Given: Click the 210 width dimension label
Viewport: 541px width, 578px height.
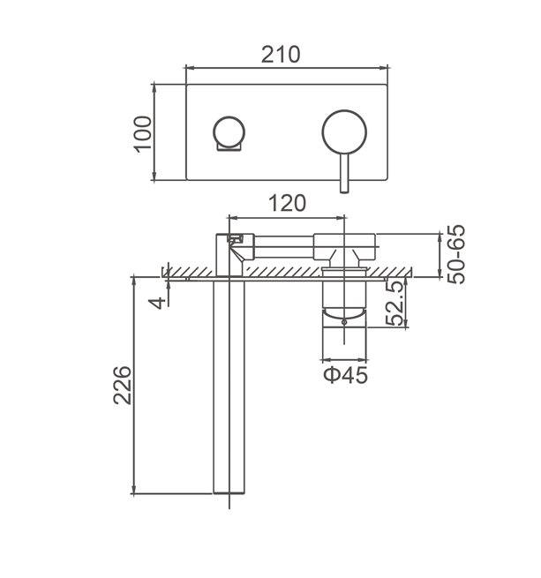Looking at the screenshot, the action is [281, 55].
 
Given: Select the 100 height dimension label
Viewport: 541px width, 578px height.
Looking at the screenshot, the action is [143, 134].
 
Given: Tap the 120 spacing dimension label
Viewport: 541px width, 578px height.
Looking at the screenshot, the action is [287, 204].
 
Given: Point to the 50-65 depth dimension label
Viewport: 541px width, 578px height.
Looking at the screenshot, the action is [455, 254].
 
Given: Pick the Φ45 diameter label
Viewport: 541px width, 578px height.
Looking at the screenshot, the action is [346, 375].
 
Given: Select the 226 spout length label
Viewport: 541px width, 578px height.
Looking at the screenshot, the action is [122, 386].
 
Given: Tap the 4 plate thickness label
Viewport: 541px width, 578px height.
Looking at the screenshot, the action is [157, 303].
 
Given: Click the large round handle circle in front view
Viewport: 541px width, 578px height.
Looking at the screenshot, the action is [344, 132].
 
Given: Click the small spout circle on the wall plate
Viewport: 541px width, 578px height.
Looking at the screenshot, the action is [229, 132].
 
